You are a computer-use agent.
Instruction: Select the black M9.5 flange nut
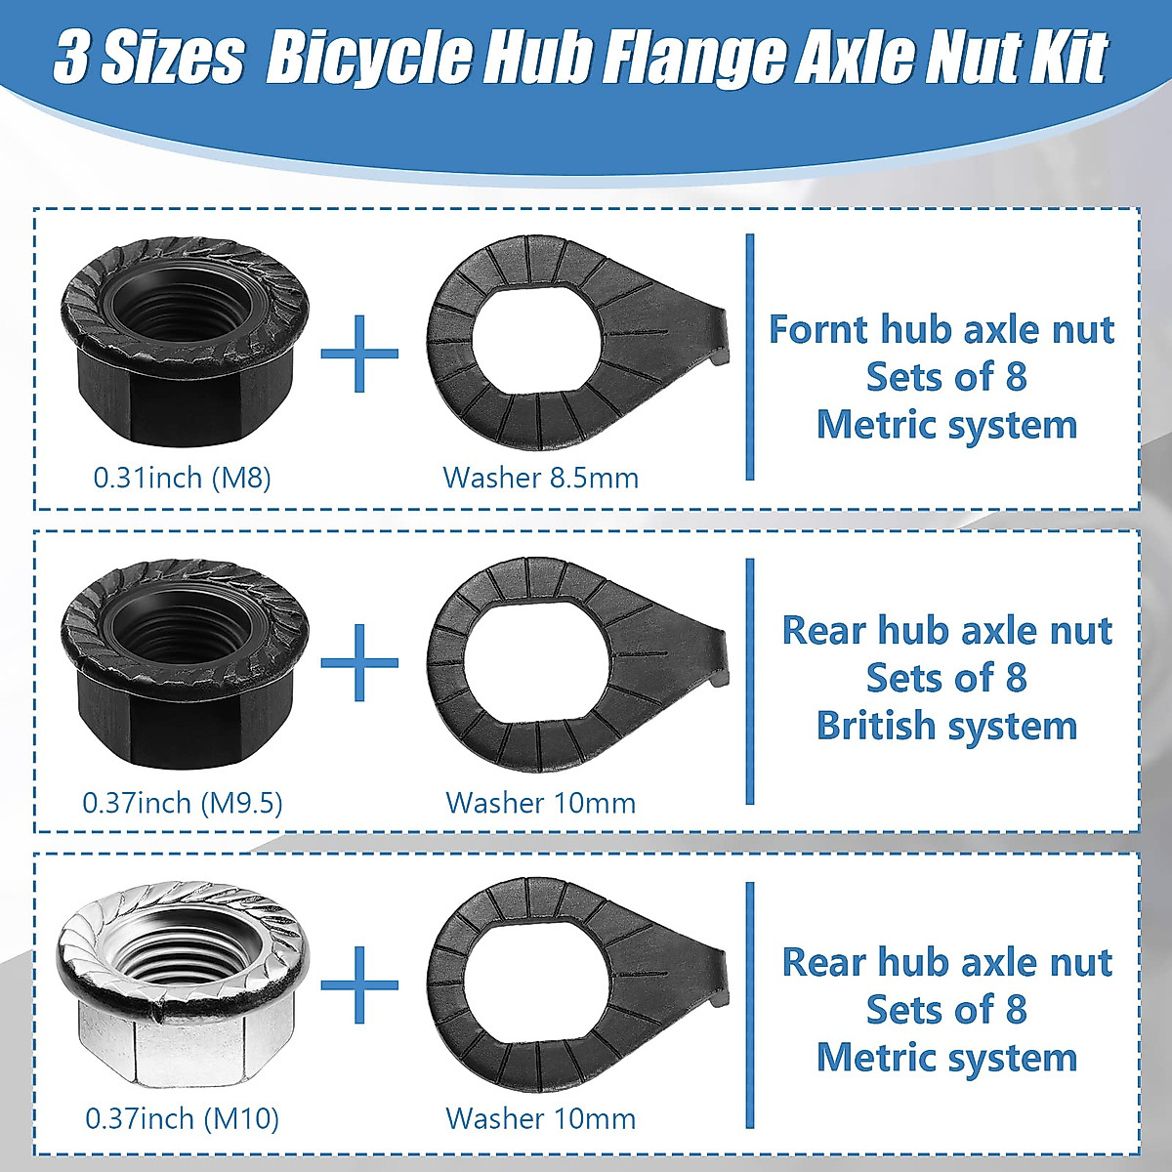pos(185,664)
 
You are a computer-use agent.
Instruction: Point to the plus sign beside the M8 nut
pos(360,353)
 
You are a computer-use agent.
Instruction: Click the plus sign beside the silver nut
pos(360,984)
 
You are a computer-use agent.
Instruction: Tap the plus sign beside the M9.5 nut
pos(360,663)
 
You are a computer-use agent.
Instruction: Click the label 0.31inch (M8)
pos(182,478)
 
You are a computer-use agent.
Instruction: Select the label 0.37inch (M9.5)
pos(182,803)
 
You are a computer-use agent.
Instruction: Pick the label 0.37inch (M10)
pos(182,1118)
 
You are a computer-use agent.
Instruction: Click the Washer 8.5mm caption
pos(540,478)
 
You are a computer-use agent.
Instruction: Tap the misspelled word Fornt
pos(817,329)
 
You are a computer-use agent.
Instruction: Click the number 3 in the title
pos(71,59)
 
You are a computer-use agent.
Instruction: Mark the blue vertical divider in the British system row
pos(750,681)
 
